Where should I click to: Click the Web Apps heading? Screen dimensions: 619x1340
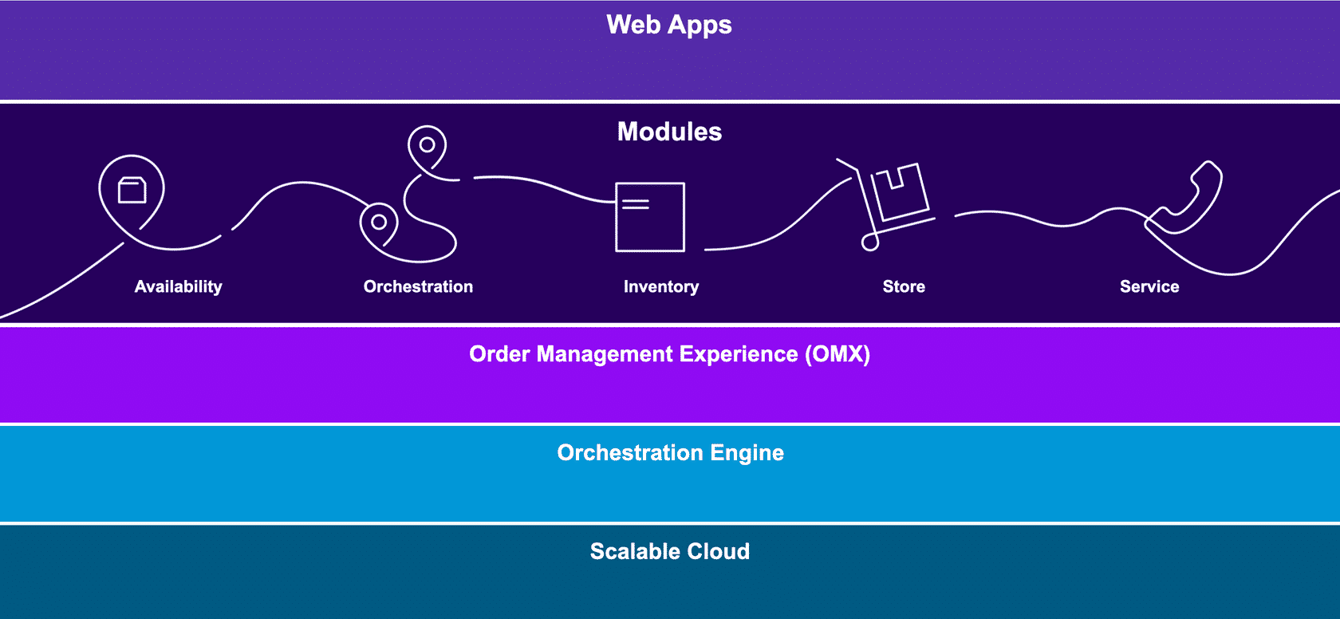click(x=668, y=25)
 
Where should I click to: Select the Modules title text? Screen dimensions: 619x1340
click(x=669, y=132)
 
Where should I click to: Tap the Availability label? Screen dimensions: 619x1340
click(x=178, y=286)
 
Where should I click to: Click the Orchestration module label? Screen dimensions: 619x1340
click(x=418, y=286)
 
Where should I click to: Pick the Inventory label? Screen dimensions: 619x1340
click(x=660, y=286)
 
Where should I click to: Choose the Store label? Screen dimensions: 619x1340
click(x=904, y=286)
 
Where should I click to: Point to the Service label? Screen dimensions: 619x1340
click(x=1149, y=286)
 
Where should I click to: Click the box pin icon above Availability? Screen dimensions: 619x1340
click(x=132, y=191)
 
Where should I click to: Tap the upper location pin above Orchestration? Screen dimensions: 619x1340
click(x=427, y=145)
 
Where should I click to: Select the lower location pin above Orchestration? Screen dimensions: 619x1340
click(x=379, y=223)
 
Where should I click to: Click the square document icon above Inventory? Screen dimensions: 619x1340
click(x=650, y=217)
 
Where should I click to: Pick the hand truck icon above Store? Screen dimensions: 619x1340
click(x=889, y=203)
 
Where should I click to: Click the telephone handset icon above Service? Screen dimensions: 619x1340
click(x=1184, y=199)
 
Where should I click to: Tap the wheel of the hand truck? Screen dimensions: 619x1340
click(x=870, y=242)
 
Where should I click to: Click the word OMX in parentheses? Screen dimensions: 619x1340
click(x=837, y=354)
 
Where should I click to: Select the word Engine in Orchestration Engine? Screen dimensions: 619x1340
click(x=747, y=453)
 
